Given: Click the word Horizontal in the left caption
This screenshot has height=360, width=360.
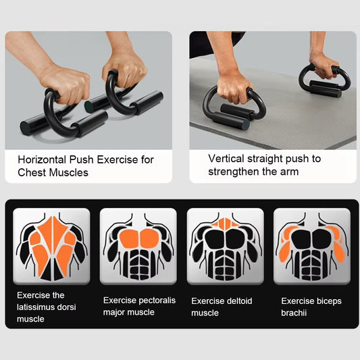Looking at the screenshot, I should [42, 160].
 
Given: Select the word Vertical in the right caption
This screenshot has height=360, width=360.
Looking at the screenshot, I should [227, 159].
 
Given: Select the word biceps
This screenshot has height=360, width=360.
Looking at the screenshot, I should [328, 301].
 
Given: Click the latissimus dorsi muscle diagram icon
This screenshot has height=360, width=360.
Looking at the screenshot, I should [52, 245].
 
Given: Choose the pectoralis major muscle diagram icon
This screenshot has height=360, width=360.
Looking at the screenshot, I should [138, 245].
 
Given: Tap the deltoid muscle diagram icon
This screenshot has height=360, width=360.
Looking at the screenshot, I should [225, 245].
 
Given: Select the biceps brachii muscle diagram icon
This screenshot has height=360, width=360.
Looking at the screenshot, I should [311, 245].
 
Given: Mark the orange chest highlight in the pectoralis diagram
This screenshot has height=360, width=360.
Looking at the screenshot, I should [138, 237].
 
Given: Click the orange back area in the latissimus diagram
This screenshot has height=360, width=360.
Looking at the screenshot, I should [52, 240].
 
